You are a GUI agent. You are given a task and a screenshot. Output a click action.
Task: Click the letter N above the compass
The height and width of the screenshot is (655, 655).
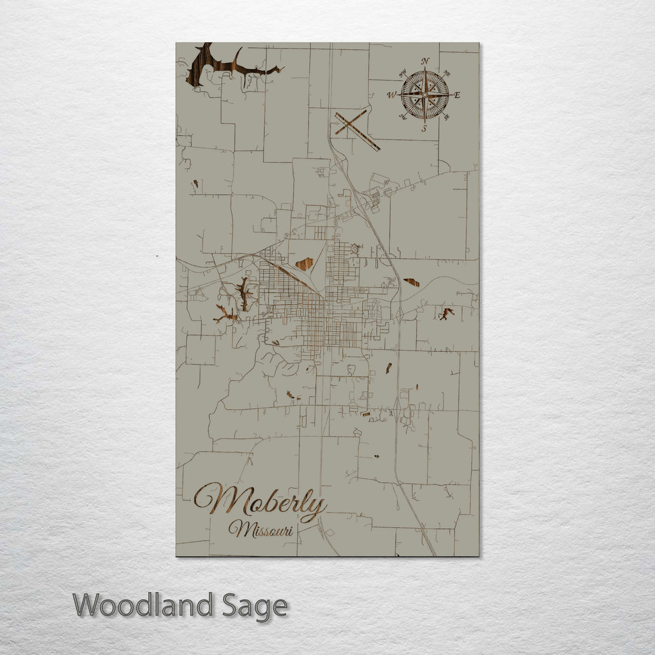pos(426,61)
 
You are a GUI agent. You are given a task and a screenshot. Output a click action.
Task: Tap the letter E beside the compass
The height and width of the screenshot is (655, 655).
pos(457,95)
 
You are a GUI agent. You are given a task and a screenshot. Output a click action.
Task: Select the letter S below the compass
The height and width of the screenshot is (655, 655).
pos(425,128)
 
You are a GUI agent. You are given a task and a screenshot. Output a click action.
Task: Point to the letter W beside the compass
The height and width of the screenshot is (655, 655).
pos(391,95)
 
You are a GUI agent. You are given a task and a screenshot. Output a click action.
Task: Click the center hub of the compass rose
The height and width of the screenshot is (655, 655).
pos(425,95)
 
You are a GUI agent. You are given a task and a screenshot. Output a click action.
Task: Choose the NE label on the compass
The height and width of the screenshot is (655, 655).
pos(448,73)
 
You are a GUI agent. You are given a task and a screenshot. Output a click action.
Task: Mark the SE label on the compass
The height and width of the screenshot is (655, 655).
pos(448,117)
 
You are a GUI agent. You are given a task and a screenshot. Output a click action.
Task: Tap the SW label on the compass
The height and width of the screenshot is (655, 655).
pos(401,116)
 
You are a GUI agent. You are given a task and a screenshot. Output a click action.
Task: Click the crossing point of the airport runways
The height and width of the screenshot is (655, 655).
pos(352,124)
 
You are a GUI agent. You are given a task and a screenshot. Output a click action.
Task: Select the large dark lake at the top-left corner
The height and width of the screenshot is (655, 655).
pos(206,64)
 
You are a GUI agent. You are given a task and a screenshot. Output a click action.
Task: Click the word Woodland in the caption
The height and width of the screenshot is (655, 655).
pos(143,605)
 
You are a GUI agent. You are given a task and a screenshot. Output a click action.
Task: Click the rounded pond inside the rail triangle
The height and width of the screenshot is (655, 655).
pos(304,263)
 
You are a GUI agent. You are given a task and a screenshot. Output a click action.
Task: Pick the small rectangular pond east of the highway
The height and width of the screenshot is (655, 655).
pos(412,282)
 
